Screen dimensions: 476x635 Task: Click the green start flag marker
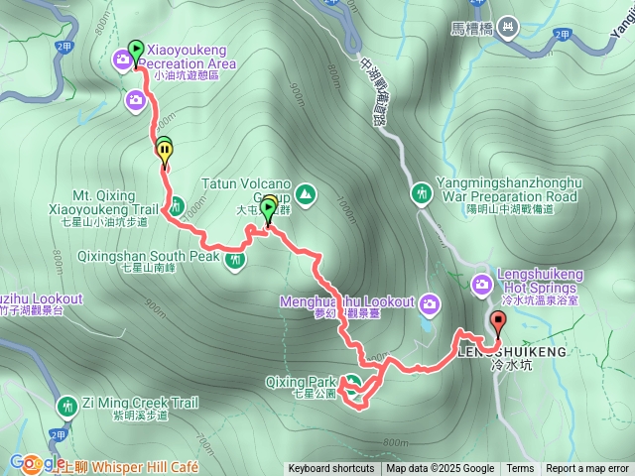(135, 50)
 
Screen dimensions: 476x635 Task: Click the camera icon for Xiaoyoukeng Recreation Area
(122, 61)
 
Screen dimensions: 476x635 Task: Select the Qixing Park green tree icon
(350, 382)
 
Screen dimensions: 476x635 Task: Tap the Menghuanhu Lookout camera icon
(430, 302)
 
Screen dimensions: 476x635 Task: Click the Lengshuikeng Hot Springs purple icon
(481, 286)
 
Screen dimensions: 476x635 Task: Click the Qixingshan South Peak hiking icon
(235, 261)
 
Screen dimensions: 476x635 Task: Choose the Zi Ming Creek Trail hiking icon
(67, 405)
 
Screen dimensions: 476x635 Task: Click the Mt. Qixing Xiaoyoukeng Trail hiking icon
(176, 206)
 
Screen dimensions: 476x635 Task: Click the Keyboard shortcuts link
(331, 469)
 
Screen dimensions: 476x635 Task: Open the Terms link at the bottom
(520, 469)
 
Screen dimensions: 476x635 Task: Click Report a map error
(587, 469)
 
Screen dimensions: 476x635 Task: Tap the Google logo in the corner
(36, 463)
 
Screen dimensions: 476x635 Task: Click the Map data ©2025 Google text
(441, 469)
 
